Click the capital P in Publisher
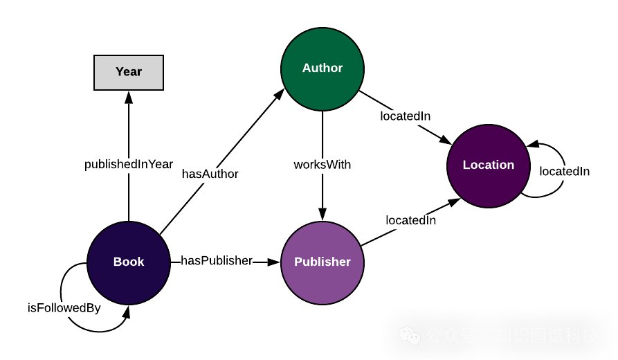pyautogui.click(x=298, y=262)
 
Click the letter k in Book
pyautogui.click(x=140, y=262)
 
